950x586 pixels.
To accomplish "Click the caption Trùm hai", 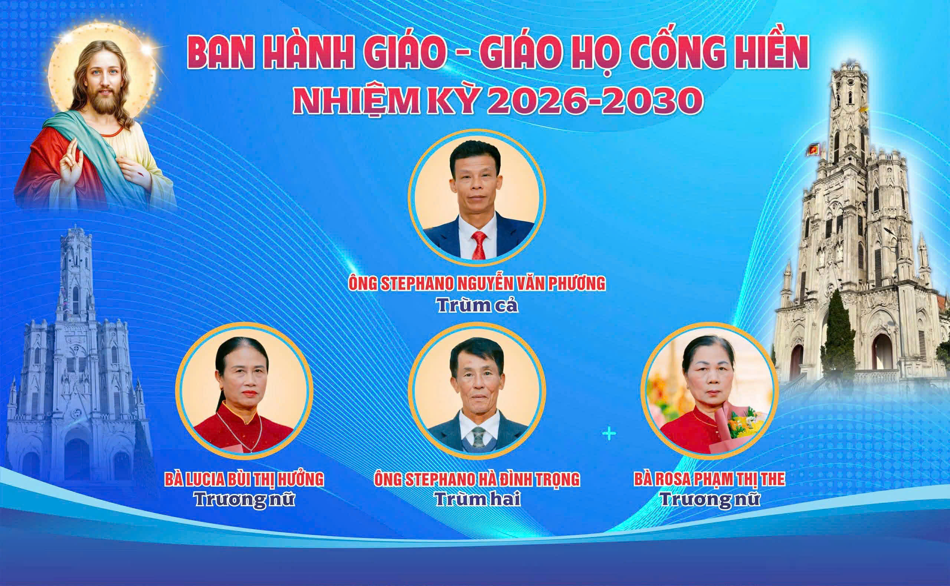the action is click(477, 500).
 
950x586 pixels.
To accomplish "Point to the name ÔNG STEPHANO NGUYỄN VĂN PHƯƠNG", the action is click(477, 284).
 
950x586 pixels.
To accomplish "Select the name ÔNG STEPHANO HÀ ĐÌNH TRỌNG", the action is click(477, 479).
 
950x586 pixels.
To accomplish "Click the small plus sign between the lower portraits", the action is click(609, 433).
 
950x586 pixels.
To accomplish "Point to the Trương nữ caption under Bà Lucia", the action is click(245, 500).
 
